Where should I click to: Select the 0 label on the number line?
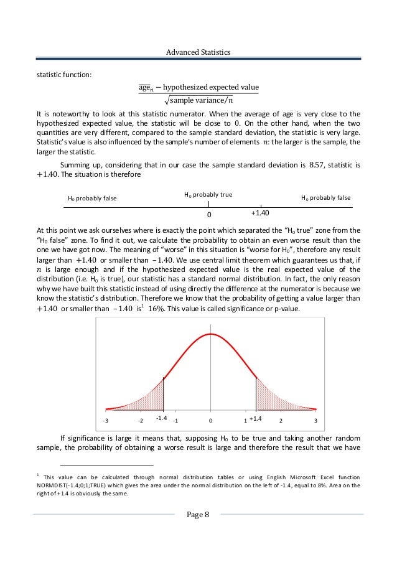point(209,214)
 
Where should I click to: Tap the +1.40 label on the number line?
point(260,213)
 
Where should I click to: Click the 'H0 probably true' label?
point(208,195)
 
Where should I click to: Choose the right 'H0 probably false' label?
point(325,198)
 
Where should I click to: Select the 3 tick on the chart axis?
point(316,421)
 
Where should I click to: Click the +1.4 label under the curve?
point(256,419)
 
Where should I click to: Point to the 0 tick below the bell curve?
point(211,421)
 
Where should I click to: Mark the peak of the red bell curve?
point(211,334)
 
